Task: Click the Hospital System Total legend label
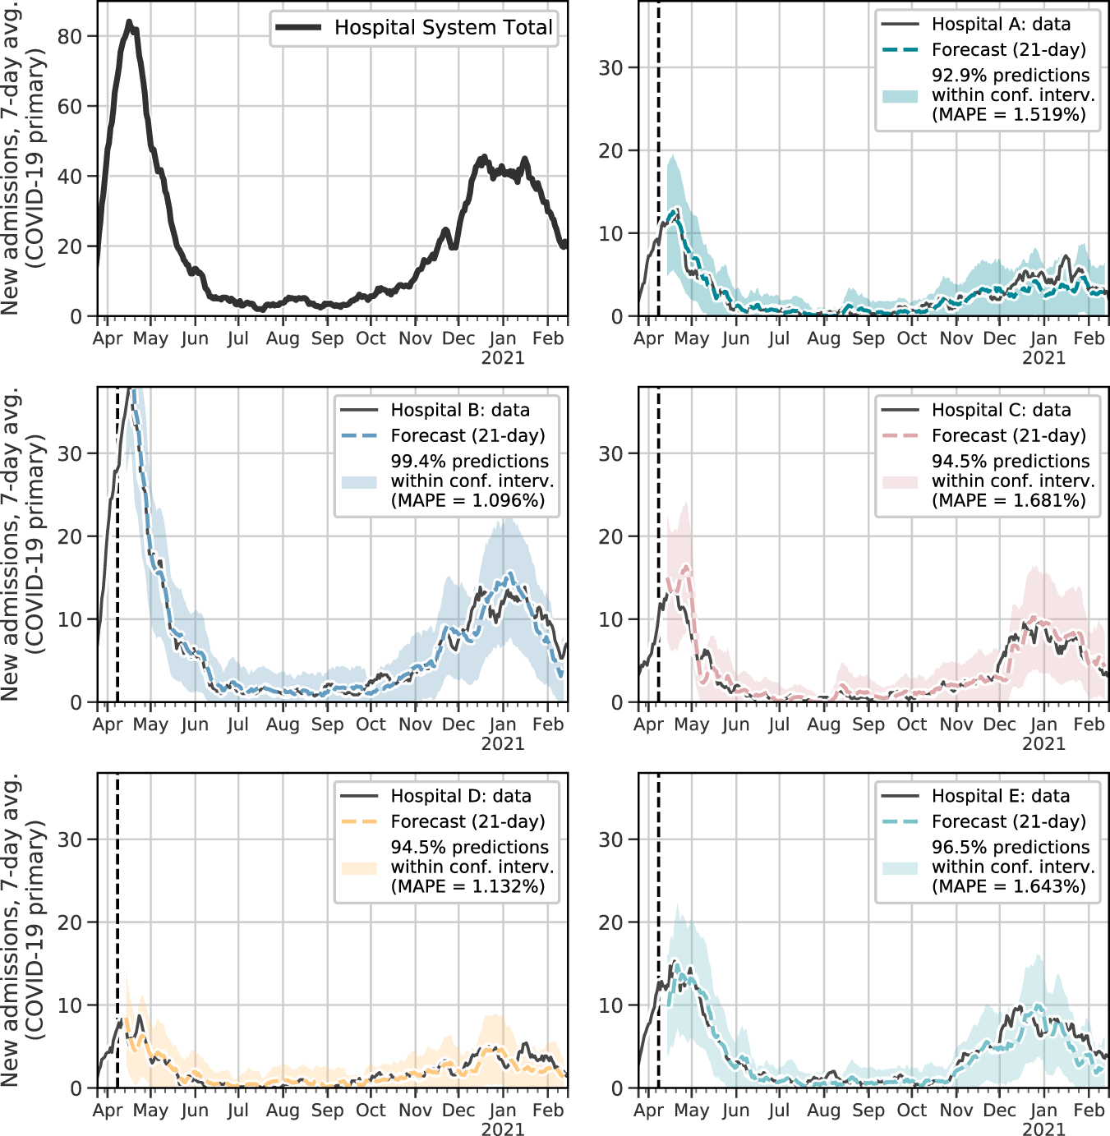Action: tap(443, 27)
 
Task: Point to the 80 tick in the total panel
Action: tap(70, 36)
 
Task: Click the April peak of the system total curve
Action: tap(129, 23)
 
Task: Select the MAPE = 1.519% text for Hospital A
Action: tap(1009, 114)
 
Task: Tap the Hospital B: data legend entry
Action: tap(459, 410)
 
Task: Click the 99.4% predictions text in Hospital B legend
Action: tap(469, 461)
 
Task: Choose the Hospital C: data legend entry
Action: tap(1001, 410)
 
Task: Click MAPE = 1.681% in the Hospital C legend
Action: tap(1009, 500)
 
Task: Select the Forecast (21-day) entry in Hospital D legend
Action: tap(467, 821)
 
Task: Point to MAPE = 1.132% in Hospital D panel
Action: tap(467, 886)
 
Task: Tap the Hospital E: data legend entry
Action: tap(1000, 796)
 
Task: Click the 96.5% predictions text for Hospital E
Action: tap(1011, 847)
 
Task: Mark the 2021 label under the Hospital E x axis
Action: tap(1043, 1129)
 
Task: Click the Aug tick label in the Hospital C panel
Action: tap(823, 724)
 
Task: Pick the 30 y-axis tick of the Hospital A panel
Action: tap(610, 67)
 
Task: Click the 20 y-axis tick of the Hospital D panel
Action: tap(70, 922)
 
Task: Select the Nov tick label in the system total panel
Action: tap(415, 338)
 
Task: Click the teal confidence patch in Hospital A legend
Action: tap(900, 95)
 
